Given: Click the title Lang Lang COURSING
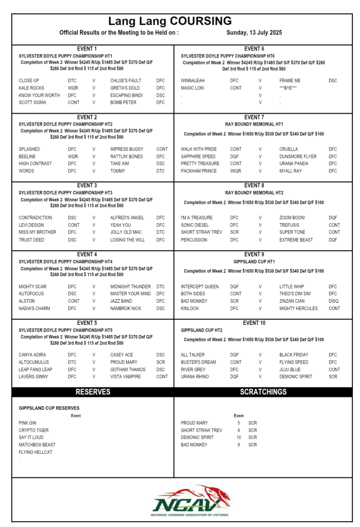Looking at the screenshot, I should [170, 21].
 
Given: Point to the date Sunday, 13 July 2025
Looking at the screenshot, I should [254, 33].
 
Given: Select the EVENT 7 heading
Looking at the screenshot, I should [254, 117].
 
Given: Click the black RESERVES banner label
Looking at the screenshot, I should [93, 392].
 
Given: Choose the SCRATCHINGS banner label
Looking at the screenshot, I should [263, 392].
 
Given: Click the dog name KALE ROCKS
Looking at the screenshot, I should [32, 88].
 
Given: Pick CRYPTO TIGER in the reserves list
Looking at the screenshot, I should [34, 430].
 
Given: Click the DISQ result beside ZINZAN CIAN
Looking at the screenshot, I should [333, 301].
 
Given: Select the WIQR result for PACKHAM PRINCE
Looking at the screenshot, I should [236, 171].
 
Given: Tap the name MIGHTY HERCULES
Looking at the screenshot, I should [298, 309].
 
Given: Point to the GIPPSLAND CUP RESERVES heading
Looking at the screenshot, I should [49, 408].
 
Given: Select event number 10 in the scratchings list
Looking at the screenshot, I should [239, 438].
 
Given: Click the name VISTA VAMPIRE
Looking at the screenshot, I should [125, 377].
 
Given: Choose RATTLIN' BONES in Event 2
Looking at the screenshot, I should [126, 156].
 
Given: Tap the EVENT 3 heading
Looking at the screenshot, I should [87, 186].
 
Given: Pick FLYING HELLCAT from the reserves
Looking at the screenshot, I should [35, 452].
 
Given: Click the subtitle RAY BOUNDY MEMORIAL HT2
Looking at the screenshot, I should [254, 193].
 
